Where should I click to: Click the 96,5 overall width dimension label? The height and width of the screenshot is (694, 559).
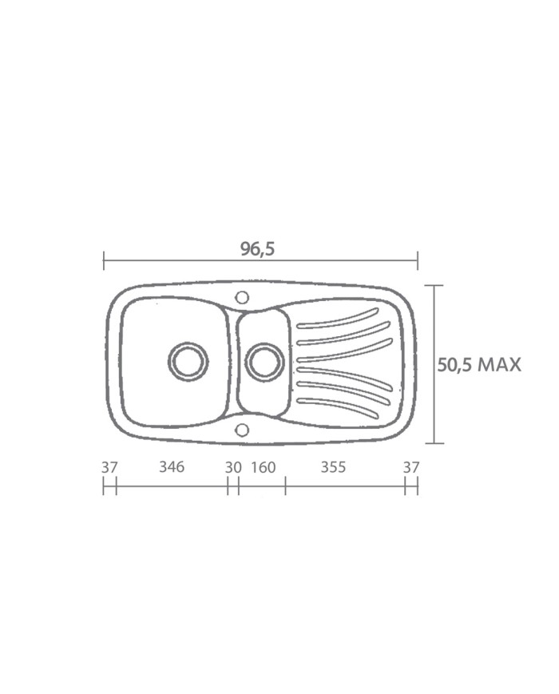click(x=258, y=249)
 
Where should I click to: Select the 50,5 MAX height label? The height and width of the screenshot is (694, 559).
click(x=479, y=365)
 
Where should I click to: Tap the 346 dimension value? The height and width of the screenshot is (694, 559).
click(x=172, y=466)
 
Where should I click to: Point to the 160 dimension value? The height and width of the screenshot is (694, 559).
click(x=264, y=467)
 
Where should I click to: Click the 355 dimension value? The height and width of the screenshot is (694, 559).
click(x=333, y=467)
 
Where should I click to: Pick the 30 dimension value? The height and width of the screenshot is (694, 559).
click(x=233, y=467)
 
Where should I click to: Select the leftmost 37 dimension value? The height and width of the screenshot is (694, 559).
click(x=109, y=467)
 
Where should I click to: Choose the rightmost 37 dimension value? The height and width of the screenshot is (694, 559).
click(x=411, y=467)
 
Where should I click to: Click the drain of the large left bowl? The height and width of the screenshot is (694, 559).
click(x=188, y=361)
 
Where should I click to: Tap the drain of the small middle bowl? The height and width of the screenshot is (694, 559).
click(x=264, y=361)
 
